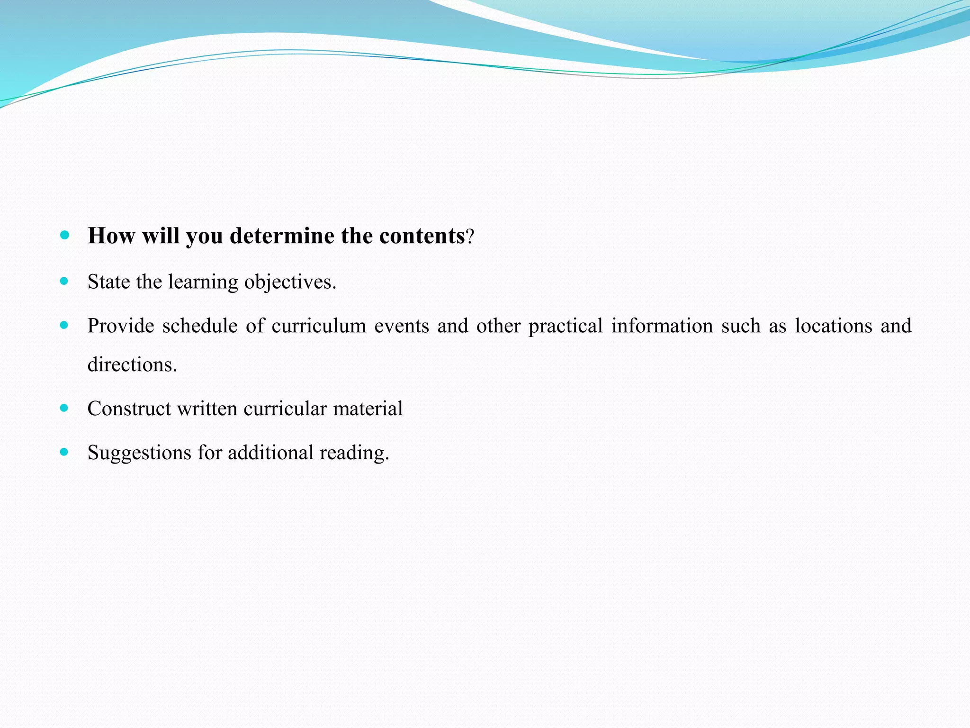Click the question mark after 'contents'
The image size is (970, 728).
click(469, 236)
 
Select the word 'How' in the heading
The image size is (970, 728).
click(111, 236)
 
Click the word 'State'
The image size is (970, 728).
click(108, 282)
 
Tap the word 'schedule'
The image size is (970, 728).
click(200, 326)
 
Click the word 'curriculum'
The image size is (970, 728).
click(319, 326)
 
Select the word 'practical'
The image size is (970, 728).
click(566, 326)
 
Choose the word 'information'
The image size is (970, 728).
click(662, 326)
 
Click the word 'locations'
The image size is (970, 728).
click(833, 326)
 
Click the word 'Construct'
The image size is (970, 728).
click(129, 409)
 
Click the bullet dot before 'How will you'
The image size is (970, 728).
click(65, 234)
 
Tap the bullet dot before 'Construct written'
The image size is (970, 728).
click(64, 408)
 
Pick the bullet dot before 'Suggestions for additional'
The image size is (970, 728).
click(64, 452)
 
